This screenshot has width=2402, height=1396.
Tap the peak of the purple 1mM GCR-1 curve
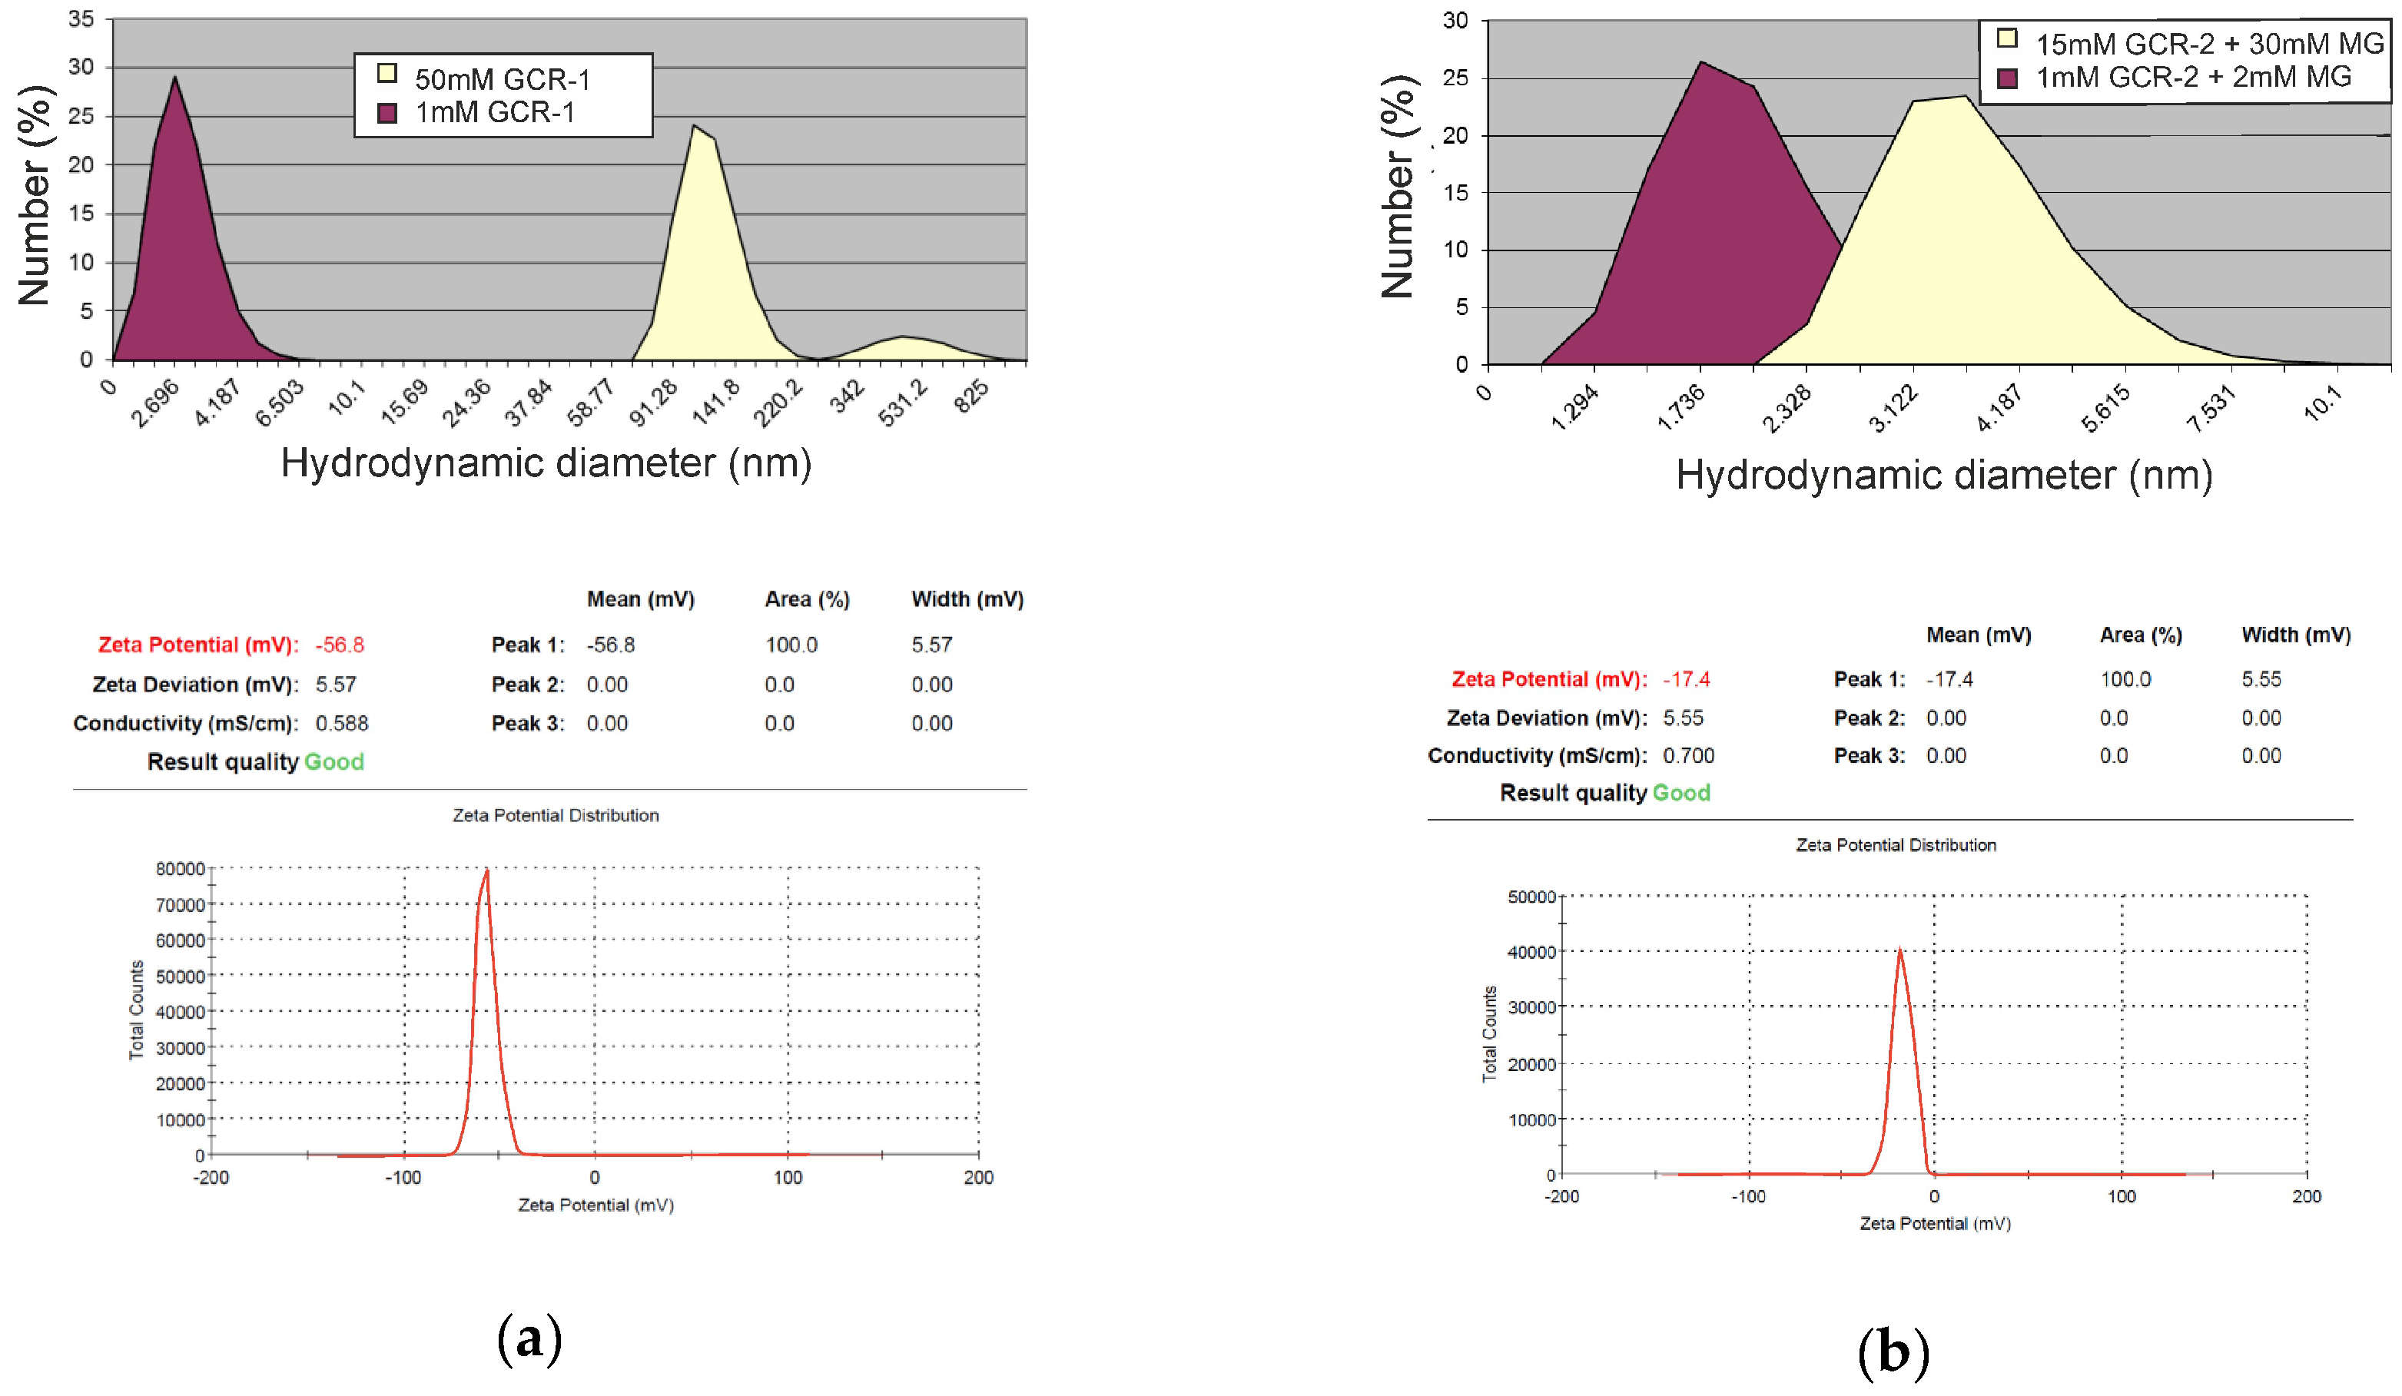pyautogui.click(x=174, y=78)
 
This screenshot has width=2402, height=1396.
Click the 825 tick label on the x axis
pyautogui.click(x=972, y=396)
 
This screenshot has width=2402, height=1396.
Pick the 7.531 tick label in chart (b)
pyautogui.click(x=2211, y=409)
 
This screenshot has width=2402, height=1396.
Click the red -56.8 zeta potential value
pyautogui.click(x=340, y=645)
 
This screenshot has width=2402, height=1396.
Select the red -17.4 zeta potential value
pyautogui.click(x=1686, y=679)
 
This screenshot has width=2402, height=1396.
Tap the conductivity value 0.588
pyautogui.click(x=341, y=723)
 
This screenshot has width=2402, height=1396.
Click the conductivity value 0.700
pyautogui.click(x=1688, y=756)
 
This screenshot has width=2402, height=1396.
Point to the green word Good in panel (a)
pyautogui.click(x=333, y=761)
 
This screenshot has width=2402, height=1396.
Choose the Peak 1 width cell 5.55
pyautogui.click(x=2261, y=679)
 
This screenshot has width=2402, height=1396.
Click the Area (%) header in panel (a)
pyautogui.click(x=806, y=599)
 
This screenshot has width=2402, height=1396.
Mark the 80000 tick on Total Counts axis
pyautogui.click(x=180, y=868)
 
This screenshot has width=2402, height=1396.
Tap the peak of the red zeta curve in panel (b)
pyautogui.click(x=1899, y=950)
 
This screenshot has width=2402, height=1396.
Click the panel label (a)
pyautogui.click(x=529, y=1339)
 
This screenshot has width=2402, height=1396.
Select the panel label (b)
pyautogui.click(x=1893, y=1352)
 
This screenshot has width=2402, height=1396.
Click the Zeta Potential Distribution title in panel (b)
pyautogui.click(x=1895, y=845)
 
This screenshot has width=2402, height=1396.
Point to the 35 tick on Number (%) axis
pyautogui.click(x=81, y=19)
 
